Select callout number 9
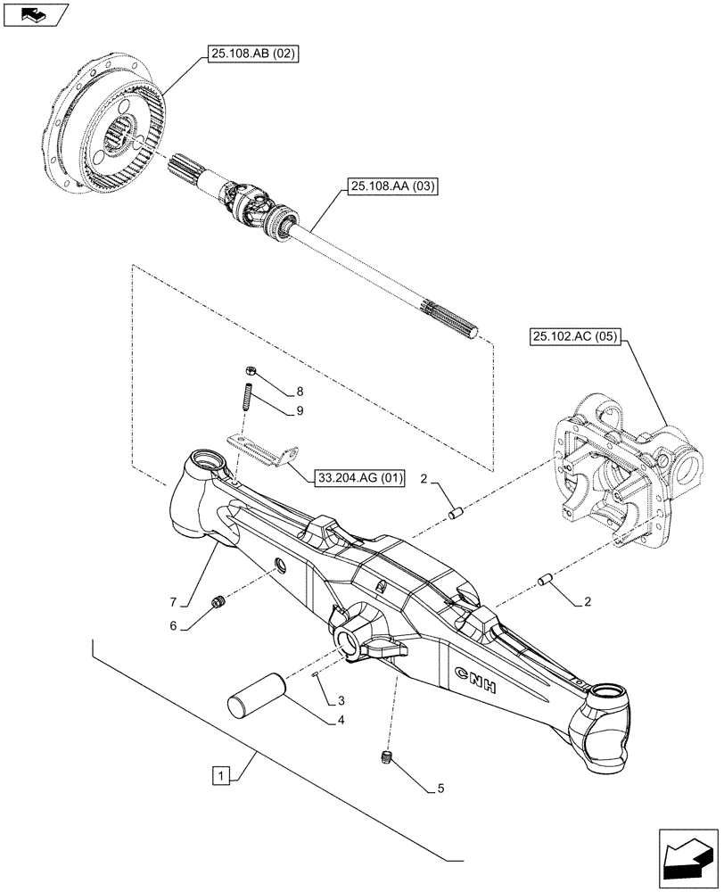[x=300, y=411]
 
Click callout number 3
[x=341, y=701]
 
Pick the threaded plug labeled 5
[x=388, y=757]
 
